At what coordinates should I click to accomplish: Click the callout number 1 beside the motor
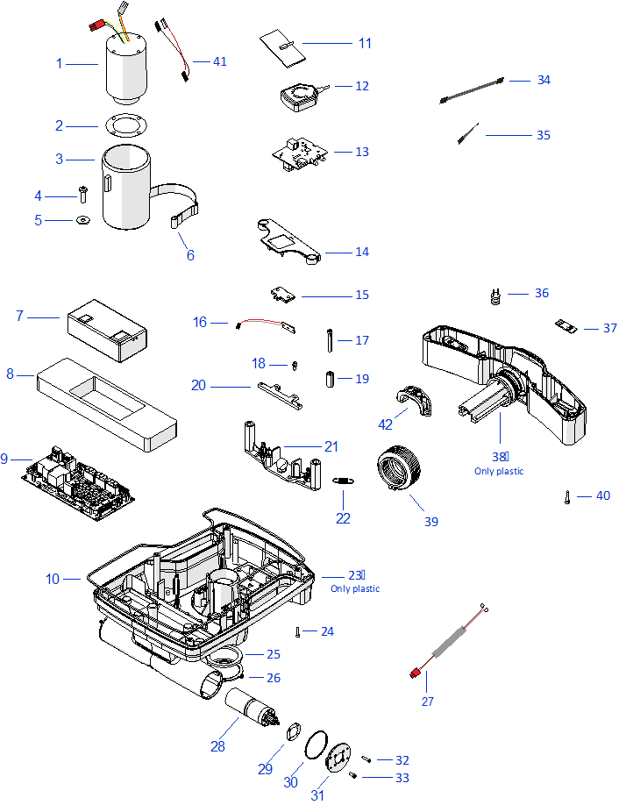pyautogui.click(x=60, y=63)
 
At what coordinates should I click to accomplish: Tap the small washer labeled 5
pyautogui.click(x=83, y=220)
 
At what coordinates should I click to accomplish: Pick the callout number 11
pyautogui.click(x=365, y=43)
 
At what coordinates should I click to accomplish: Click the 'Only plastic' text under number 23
pyautogui.click(x=355, y=589)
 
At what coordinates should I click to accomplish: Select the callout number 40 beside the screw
pyautogui.click(x=602, y=495)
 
